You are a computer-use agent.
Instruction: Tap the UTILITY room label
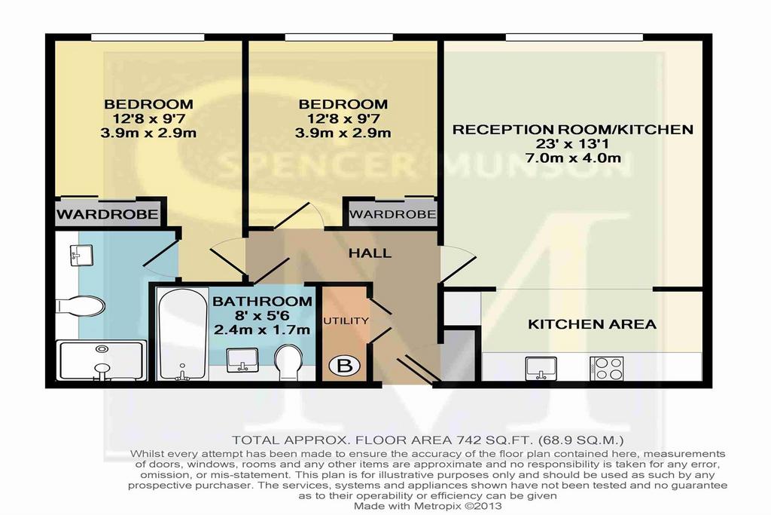point(346,321)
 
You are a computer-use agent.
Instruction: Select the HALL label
point(370,253)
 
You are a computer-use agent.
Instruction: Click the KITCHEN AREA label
point(592,324)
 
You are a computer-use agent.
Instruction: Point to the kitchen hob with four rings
point(607,368)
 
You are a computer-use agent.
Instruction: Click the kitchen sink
point(541,368)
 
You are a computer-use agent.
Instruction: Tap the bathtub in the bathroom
point(182,334)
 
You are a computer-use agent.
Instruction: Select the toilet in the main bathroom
point(288,362)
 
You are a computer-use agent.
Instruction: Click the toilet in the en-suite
point(80,306)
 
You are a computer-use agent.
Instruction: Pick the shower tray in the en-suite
point(102,360)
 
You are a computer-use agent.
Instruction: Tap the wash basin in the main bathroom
point(242,360)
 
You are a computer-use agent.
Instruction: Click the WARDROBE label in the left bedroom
point(107,214)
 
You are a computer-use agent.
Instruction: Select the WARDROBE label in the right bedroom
point(392,214)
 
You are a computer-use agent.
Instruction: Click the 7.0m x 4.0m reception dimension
point(573,158)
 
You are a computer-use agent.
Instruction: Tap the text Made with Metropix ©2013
point(428,506)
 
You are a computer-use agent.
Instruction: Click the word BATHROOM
point(262,302)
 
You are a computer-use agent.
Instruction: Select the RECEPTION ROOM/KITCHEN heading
point(573,130)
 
